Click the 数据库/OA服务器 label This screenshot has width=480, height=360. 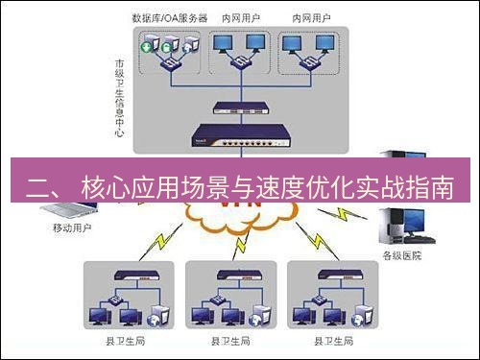pos(171,18)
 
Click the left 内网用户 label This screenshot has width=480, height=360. pos(241,18)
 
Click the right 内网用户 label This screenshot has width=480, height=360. pos(308,18)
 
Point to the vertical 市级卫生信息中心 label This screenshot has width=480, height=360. pos(119,95)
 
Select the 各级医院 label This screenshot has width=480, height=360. pos(404,256)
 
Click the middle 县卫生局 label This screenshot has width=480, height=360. pos(230,340)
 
